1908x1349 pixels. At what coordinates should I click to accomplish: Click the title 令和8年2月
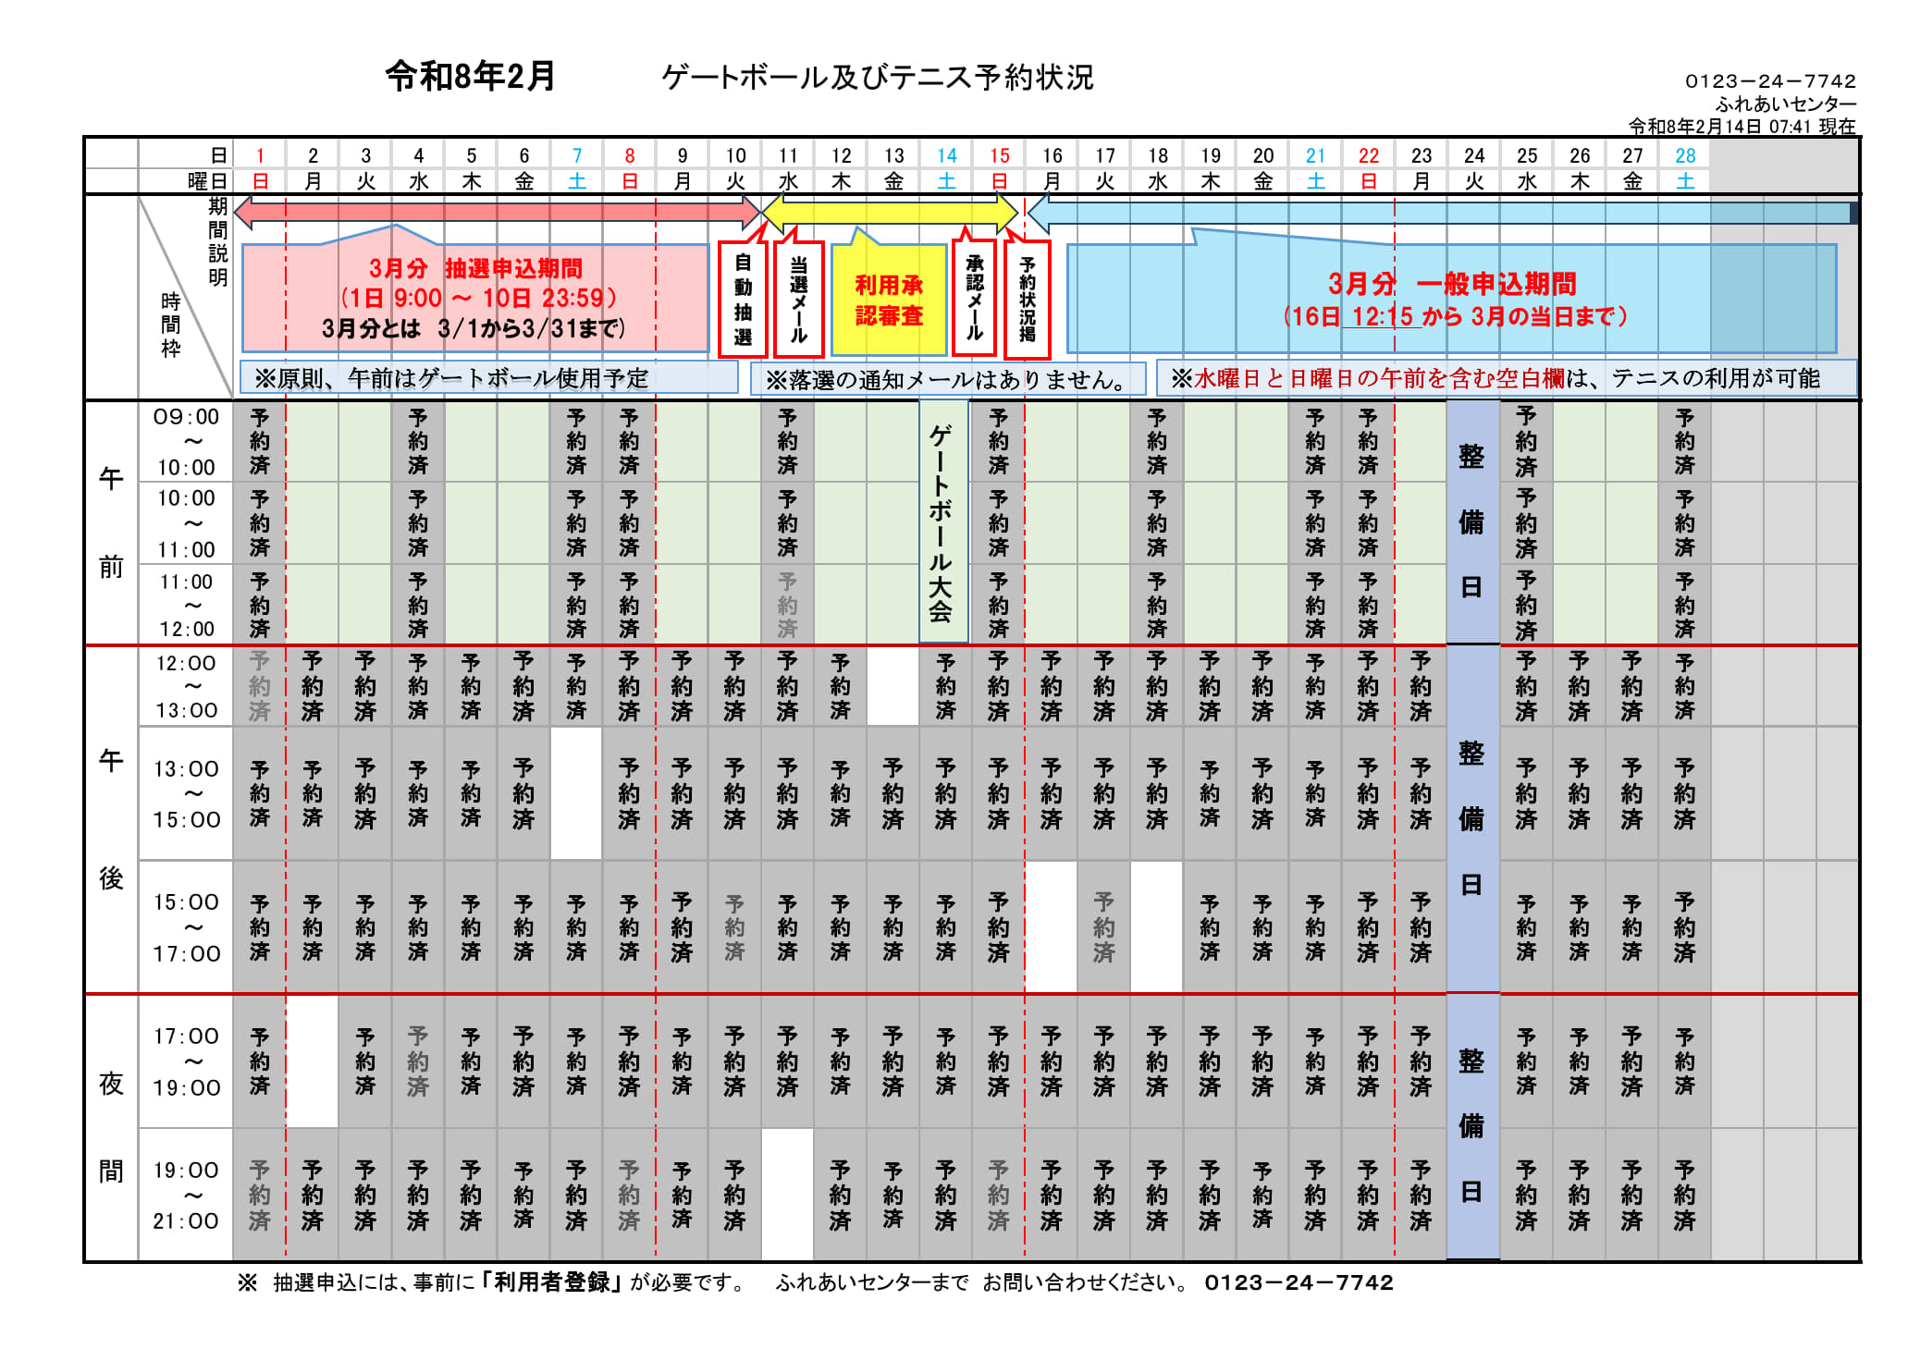pos(470,76)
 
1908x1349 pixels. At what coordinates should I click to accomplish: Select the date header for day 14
pos(946,155)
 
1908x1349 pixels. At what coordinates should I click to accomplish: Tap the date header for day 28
pos(1685,155)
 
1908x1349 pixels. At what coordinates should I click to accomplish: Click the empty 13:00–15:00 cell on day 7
pos(576,793)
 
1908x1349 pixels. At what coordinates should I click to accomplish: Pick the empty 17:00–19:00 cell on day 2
pos(313,1061)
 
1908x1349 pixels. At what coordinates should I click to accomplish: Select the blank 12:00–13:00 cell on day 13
pos(892,686)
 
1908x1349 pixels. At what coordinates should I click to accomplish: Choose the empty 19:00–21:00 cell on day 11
pos(787,1195)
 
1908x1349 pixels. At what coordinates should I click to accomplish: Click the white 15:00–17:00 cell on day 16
pos(1052,926)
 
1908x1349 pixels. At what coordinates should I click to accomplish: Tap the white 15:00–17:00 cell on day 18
pos(1157,926)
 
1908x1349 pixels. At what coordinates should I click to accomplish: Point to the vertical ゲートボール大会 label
pos(942,522)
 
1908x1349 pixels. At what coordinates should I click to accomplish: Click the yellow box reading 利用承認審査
pos(889,300)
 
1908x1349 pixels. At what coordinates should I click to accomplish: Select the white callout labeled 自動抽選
pos(743,300)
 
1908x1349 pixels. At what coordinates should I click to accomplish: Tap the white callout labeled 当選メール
pos(799,300)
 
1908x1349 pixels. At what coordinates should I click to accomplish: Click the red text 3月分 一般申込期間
pos(1452,284)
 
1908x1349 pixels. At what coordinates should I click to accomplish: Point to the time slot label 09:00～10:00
pos(186,442)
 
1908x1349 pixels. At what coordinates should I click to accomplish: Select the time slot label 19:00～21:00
pos(186,1195)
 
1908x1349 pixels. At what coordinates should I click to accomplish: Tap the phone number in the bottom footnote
pos(1299,1282)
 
